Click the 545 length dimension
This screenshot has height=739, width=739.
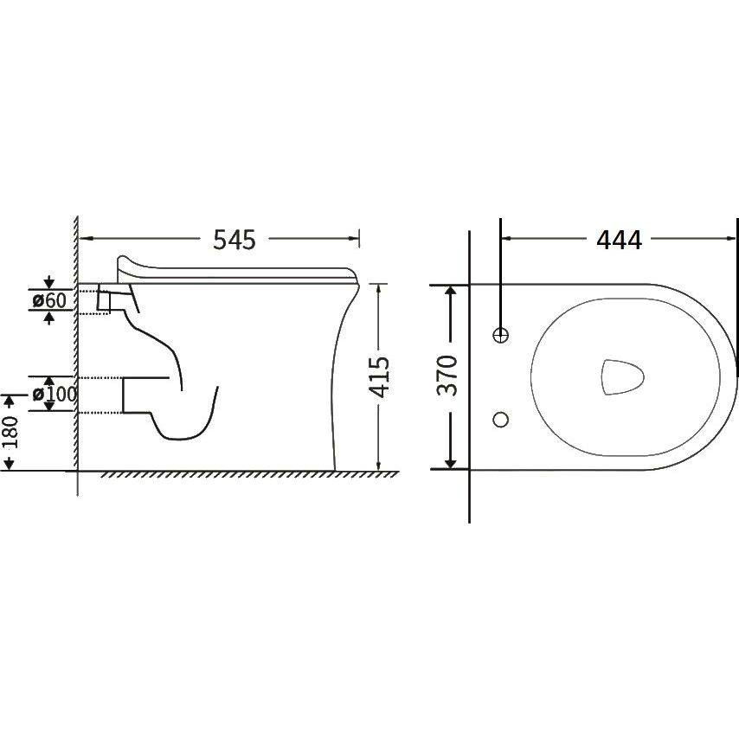pyautogui.click(x=235, y=240)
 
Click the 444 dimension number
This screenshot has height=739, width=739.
pyautogui.click(x=619, y=240)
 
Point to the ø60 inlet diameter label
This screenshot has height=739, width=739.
pyautogui.click(x=50, y=300)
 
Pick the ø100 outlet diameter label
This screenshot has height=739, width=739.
pyautogui.click(x=55, y=394)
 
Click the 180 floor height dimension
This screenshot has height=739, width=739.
pyautogui.click(x=10, y=432)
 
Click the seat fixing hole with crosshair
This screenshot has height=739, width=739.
pyautogui.click(x=500, y=335)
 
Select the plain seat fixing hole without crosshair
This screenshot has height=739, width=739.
pyautogui.click(x=500, y=419)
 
